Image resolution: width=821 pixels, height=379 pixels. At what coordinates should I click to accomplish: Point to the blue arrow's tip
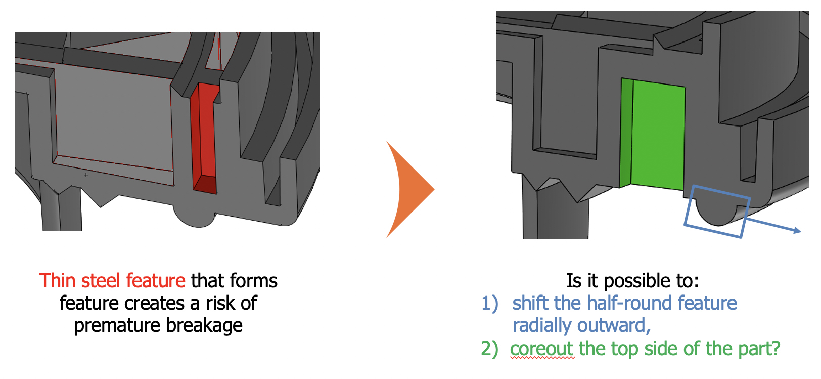pos(800,231)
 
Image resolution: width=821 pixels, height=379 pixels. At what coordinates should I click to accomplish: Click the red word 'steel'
pos(100,281)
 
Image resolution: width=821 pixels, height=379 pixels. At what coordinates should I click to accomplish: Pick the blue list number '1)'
pos(489,303)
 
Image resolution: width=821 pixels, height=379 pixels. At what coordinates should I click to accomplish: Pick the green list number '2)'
pos(489,349)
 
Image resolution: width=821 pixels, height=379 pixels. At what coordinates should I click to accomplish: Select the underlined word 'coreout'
pos(541,349)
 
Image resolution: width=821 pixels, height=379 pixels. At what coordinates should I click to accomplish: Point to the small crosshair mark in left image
pos(86,175)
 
